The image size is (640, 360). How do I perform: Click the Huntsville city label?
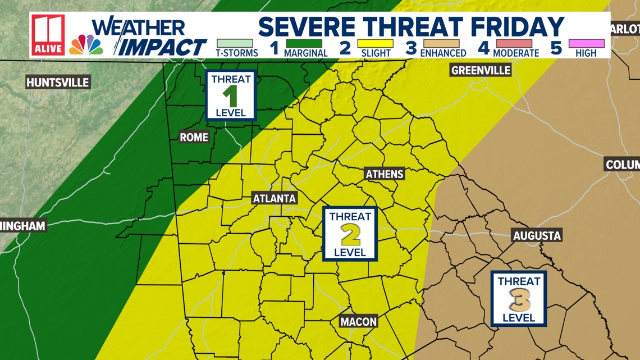coord(58,83)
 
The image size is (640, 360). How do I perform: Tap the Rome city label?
coord(194,137)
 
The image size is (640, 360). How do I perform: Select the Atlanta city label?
coord(274,198)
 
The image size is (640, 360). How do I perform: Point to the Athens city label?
coord(385,174)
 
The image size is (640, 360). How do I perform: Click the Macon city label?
coord(359,322)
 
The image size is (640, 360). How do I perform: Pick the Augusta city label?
coord(537,235)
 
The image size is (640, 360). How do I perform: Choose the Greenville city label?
coord(481,70)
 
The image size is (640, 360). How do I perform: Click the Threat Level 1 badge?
coord(231,95)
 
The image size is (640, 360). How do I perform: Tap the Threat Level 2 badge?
coord(350,234)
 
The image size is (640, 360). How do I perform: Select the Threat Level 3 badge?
coord(518,299)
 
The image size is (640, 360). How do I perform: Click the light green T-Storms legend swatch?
coord(235,43)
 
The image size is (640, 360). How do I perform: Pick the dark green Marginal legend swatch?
coord(304,43)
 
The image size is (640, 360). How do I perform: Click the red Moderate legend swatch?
coord(515,43)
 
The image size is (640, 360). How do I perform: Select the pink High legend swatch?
coord(586,43)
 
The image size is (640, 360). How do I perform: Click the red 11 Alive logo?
coord(48,35)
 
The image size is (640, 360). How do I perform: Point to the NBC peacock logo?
coord(86,45)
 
